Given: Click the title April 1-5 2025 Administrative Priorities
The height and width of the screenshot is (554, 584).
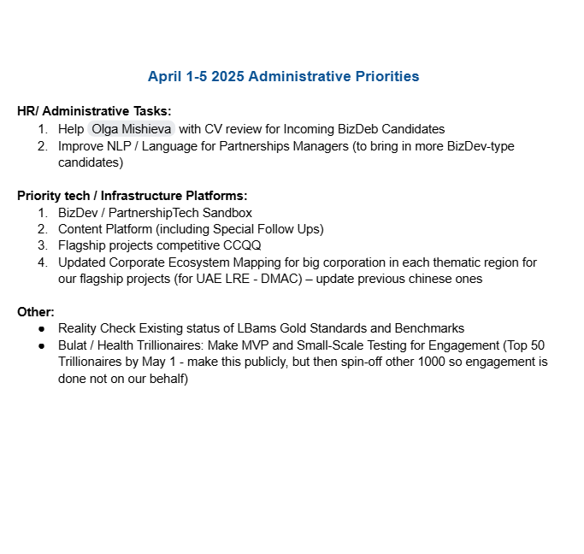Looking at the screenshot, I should point(283,77).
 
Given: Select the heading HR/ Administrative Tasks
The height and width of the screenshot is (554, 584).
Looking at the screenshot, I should point(94,111).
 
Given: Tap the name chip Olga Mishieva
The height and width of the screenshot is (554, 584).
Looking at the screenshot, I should point(131,129).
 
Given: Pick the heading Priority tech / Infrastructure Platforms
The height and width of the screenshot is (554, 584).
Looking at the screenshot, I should point(132,196).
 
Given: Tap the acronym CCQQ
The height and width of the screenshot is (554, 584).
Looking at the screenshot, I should point(244,245).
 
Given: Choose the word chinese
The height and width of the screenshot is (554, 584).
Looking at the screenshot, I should point(421,279).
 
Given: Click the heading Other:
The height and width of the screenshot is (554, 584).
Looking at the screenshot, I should point(36,312).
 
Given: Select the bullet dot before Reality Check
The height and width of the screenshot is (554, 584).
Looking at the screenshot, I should point(42,329).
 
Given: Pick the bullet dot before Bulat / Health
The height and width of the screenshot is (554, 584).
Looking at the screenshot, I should point(42,345).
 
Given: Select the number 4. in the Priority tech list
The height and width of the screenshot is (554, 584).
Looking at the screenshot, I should point(42,262).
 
